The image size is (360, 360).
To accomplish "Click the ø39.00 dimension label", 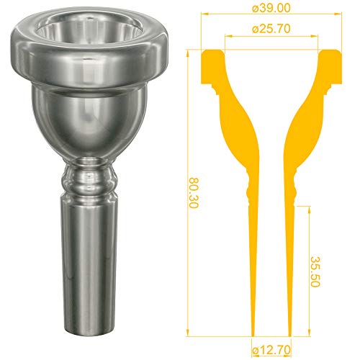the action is [x=271, y=8].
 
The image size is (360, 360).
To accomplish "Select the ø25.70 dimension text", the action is [x=271, y=29].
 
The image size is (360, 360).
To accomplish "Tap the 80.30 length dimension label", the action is [x=193, y=193].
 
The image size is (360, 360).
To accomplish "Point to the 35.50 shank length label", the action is [x=315, y=271].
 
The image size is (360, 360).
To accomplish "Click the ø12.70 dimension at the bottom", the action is [x=271, y=350].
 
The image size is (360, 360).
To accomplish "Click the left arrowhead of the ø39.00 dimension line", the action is [x=204, y=14].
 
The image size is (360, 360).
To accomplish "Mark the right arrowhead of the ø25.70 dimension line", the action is [x=315, y=36].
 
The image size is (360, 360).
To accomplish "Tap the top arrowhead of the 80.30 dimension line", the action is [x=188, y=53].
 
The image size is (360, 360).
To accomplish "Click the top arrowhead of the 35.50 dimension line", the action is [x=310, y=210].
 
